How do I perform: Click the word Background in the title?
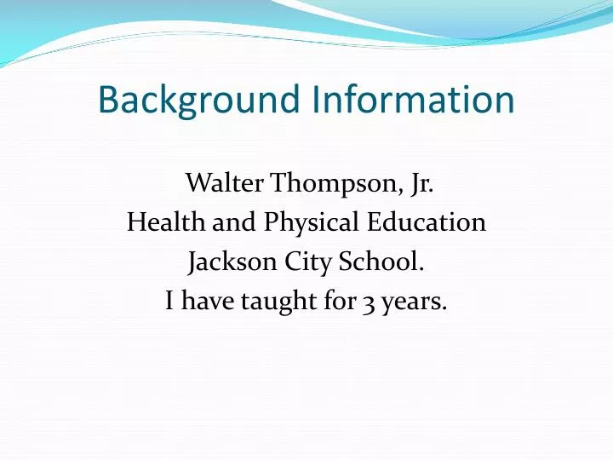(x=199, y=101)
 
